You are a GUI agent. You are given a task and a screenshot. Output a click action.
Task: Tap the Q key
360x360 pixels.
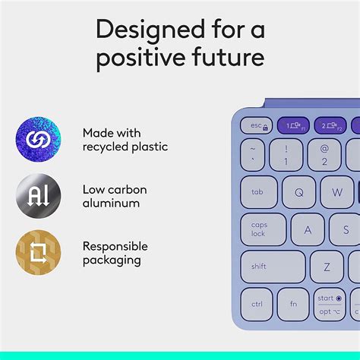coord(298,192)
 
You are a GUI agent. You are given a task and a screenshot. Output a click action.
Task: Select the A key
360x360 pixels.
coord(308,229)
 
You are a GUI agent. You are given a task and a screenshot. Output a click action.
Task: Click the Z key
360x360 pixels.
coord(327,267)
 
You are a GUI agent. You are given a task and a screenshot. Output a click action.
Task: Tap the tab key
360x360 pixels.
coord(259,192)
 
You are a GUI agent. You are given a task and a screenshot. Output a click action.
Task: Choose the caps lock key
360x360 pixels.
coord(263,229)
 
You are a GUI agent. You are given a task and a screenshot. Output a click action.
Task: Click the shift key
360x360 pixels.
coord(273,267)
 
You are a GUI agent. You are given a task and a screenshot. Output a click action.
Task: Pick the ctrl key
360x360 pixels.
coord(257,304)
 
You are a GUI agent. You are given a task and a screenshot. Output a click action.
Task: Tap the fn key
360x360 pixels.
coord(293,304)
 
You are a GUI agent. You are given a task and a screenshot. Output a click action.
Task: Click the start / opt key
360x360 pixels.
coord(330,304)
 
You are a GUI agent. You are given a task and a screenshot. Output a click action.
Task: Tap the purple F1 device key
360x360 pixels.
coord(292,125)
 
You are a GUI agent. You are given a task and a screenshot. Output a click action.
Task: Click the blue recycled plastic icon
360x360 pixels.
coord(38,140)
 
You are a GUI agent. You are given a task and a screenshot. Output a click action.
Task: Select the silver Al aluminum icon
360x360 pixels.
coord(38,197)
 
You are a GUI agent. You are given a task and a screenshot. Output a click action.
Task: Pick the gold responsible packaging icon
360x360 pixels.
coord(38,253)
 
